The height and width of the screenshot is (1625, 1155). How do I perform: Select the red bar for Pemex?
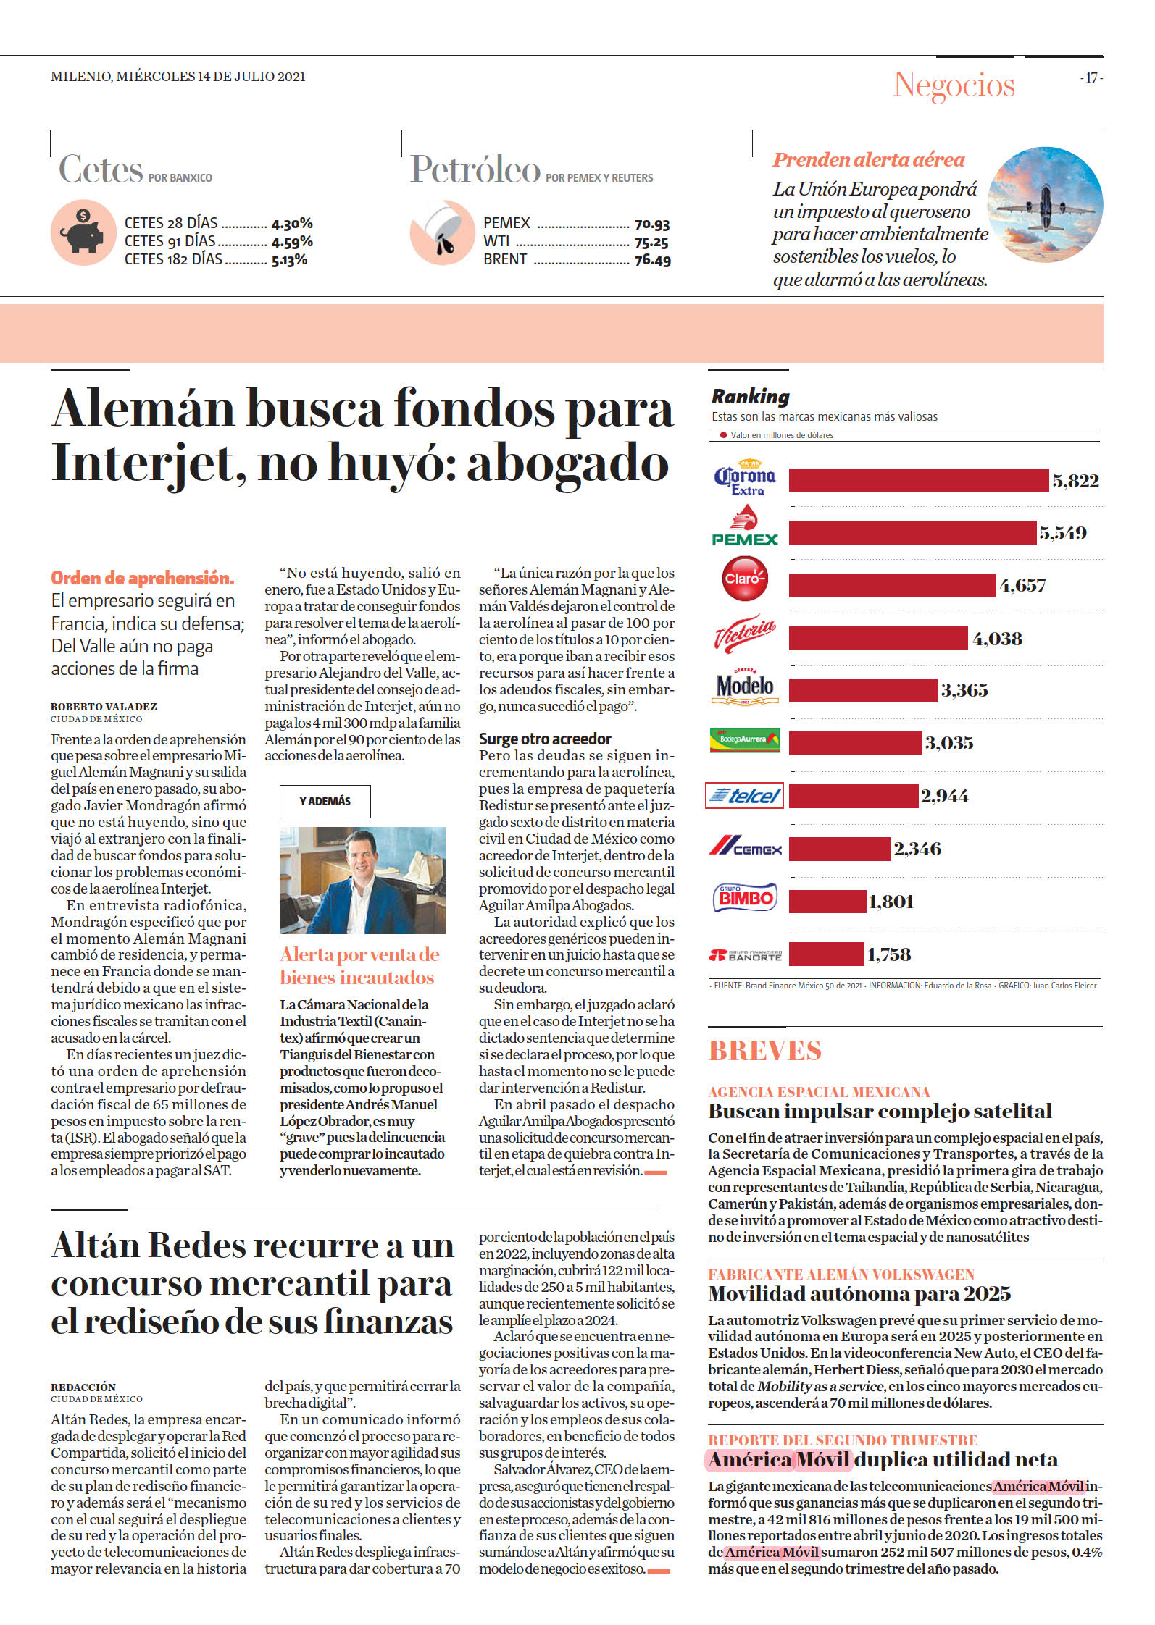point(912,532)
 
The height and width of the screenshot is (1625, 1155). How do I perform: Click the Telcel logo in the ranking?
point(744,796)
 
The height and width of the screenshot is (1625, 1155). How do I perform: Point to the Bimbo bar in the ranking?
point(827,902)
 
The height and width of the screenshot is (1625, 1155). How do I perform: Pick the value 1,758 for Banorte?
point(889,954)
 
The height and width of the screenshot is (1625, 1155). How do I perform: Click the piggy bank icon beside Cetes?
point(83,232)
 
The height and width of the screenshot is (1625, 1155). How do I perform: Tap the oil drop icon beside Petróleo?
point(442,232)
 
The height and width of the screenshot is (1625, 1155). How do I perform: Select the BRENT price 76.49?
point(652,260)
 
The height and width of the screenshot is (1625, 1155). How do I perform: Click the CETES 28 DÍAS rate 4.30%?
point(292,224)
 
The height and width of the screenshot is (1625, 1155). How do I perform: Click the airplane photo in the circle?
point(1046,204)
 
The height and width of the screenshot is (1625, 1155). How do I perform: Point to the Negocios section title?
point(954,85)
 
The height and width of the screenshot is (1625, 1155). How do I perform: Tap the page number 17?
point(1091,77)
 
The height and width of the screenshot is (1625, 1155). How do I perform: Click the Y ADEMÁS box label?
point(325,801)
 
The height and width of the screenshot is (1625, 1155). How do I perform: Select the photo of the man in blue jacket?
point(363,880)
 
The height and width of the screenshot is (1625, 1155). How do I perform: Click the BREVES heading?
point(765,1051)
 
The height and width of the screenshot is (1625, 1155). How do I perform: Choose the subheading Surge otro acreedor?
point(545,739)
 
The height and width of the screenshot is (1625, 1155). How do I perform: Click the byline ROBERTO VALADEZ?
point(104,707)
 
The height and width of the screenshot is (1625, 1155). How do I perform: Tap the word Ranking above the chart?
point(751,396)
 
